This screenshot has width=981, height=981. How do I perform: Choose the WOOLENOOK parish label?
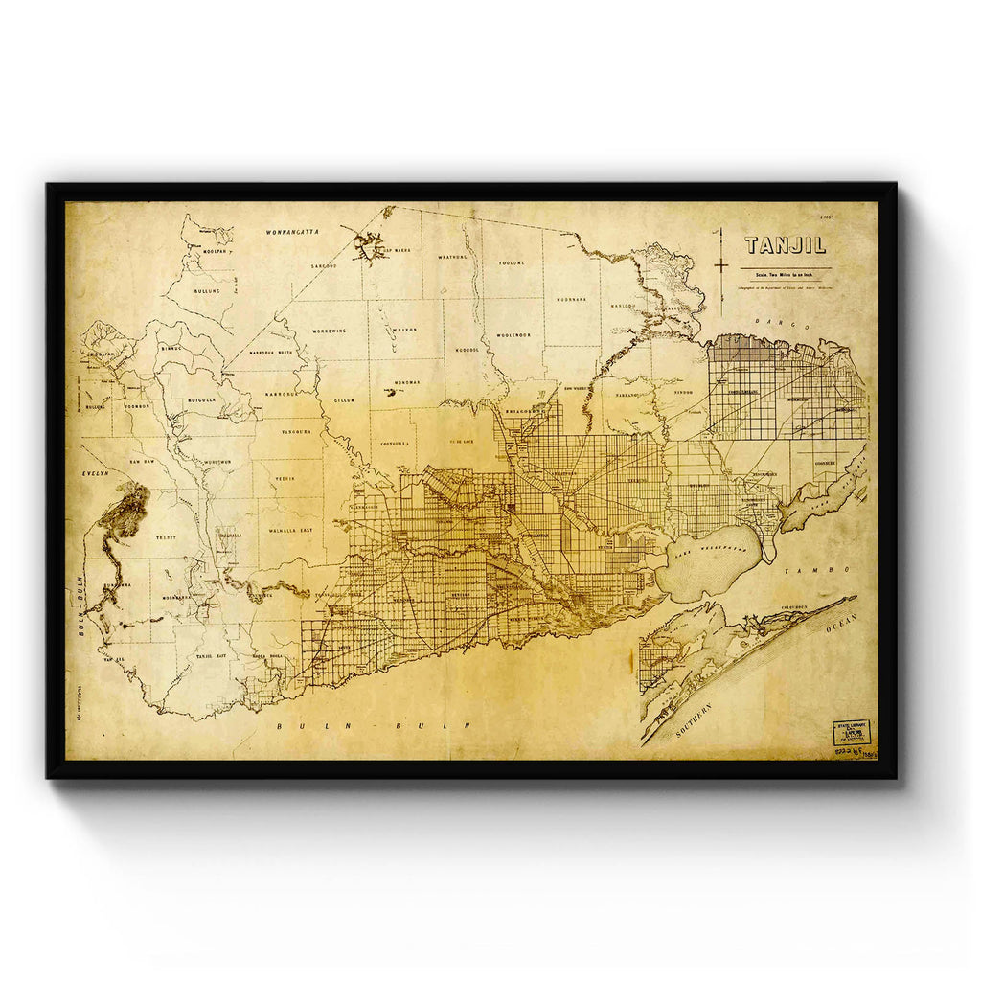(513, 335)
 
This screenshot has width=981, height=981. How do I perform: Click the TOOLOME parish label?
(513, 262)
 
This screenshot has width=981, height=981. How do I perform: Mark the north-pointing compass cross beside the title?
(722, 252)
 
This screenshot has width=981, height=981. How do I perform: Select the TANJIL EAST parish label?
(210, 655)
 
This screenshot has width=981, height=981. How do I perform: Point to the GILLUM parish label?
(345, 399)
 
